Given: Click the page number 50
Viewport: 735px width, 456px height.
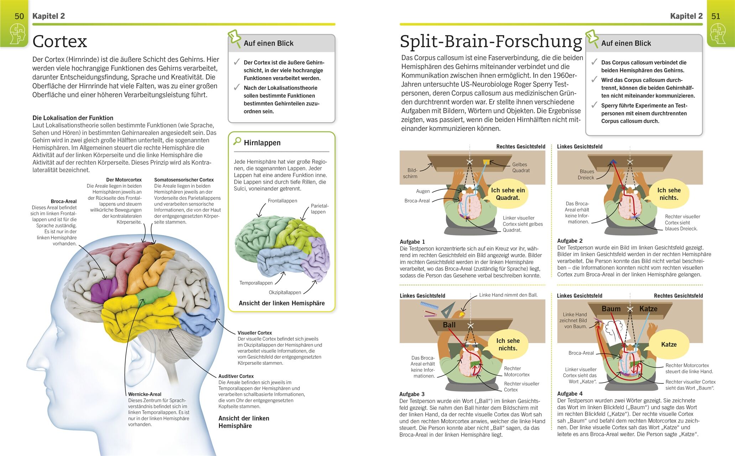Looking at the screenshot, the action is (x=19, y=16).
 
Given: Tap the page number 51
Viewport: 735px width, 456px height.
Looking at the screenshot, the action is (x=715, y=16).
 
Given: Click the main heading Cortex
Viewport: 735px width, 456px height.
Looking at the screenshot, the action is (x=59, y=41).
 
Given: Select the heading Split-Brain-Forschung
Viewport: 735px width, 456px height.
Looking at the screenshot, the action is (x=491, y=41).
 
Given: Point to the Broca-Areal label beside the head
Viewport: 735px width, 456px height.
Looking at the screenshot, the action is (x=63, y=201).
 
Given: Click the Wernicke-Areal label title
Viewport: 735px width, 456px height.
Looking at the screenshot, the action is (x=145, y=394).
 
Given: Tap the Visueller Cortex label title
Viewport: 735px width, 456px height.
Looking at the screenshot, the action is (x=255, y=333).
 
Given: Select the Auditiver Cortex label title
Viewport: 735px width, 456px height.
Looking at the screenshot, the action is (x=236, y=376).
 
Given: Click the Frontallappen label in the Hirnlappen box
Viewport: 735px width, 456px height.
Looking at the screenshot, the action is (x=282, y=201).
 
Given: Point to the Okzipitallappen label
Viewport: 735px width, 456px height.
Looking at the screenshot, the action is (x=285, y=292).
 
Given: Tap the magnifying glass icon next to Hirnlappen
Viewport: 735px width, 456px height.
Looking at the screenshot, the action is (x=237, y=141).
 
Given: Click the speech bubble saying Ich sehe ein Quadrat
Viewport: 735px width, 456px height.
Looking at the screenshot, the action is (x=507, y=194).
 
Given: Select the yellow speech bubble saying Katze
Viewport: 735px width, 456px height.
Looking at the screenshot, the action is (x=669, y=344).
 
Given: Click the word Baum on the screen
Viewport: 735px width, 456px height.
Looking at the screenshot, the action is (x=611, y=309).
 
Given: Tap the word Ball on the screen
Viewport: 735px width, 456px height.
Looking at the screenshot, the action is (x=449, y=325).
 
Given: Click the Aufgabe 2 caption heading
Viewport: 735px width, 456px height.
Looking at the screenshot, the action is (x=570, y=241).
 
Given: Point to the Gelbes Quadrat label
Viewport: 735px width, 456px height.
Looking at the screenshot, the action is (x=521, y=167).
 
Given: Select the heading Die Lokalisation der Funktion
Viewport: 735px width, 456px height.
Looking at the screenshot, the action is (x=73, y=118).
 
